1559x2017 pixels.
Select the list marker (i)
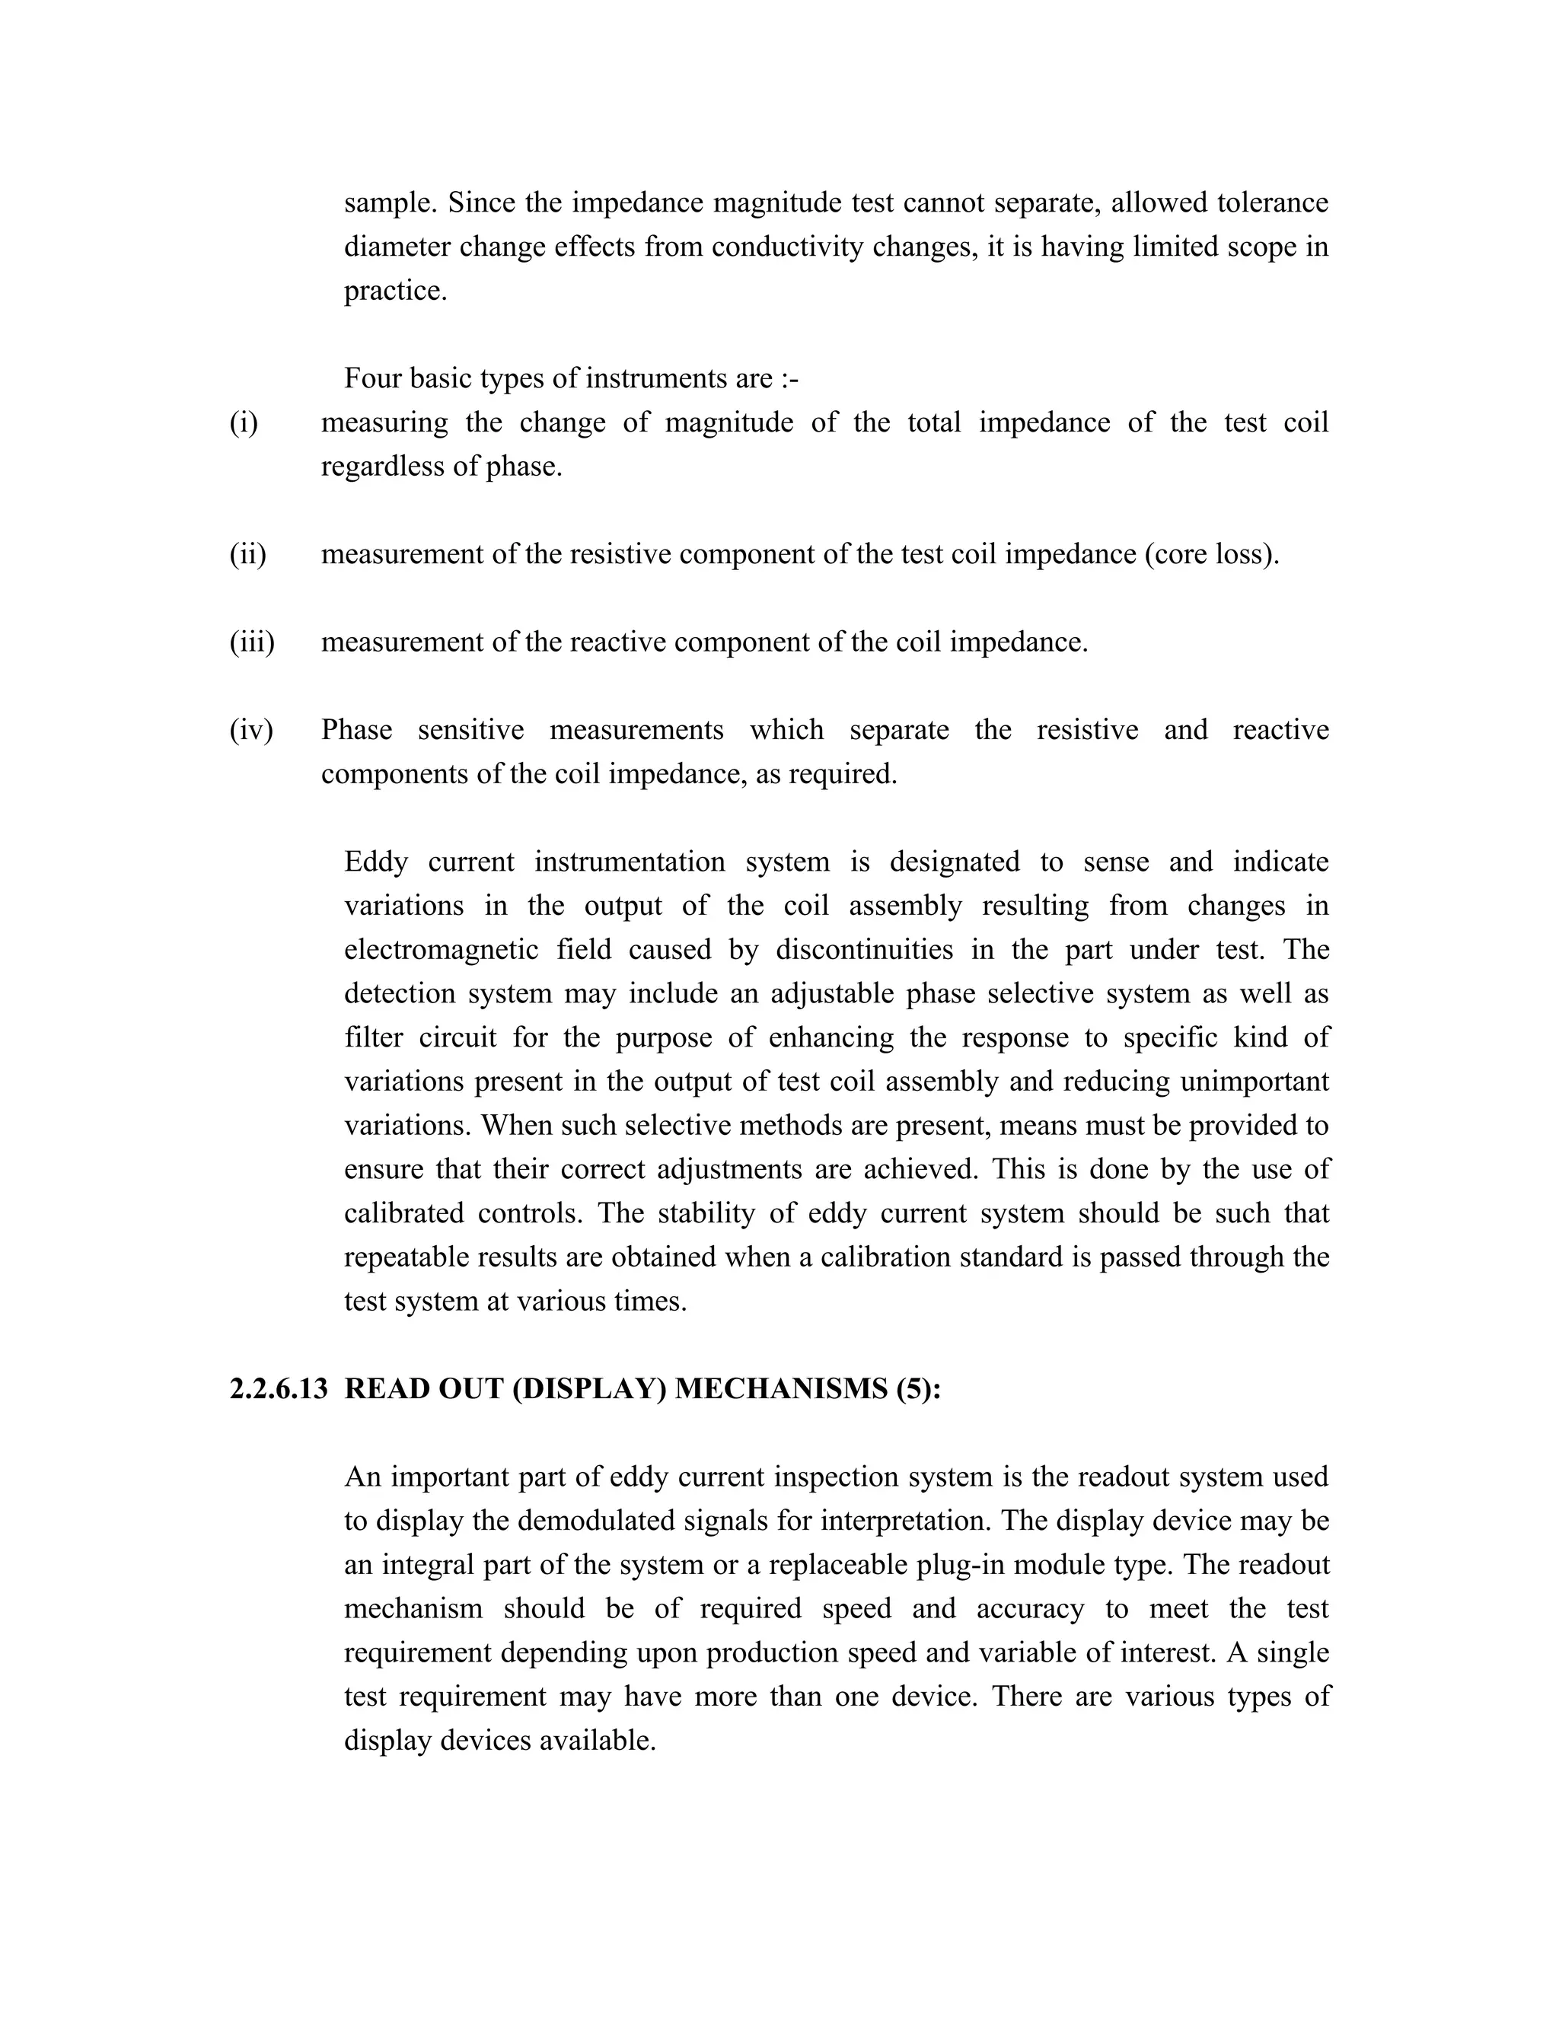[244, 422]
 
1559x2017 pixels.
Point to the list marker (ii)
[247, 554]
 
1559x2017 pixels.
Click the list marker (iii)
[252, 642]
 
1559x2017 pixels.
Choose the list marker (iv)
[251, 730]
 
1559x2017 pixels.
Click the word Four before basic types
[372, 378]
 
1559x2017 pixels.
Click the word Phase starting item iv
[356, 730]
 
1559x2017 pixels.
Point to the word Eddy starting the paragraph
[375, 862]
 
